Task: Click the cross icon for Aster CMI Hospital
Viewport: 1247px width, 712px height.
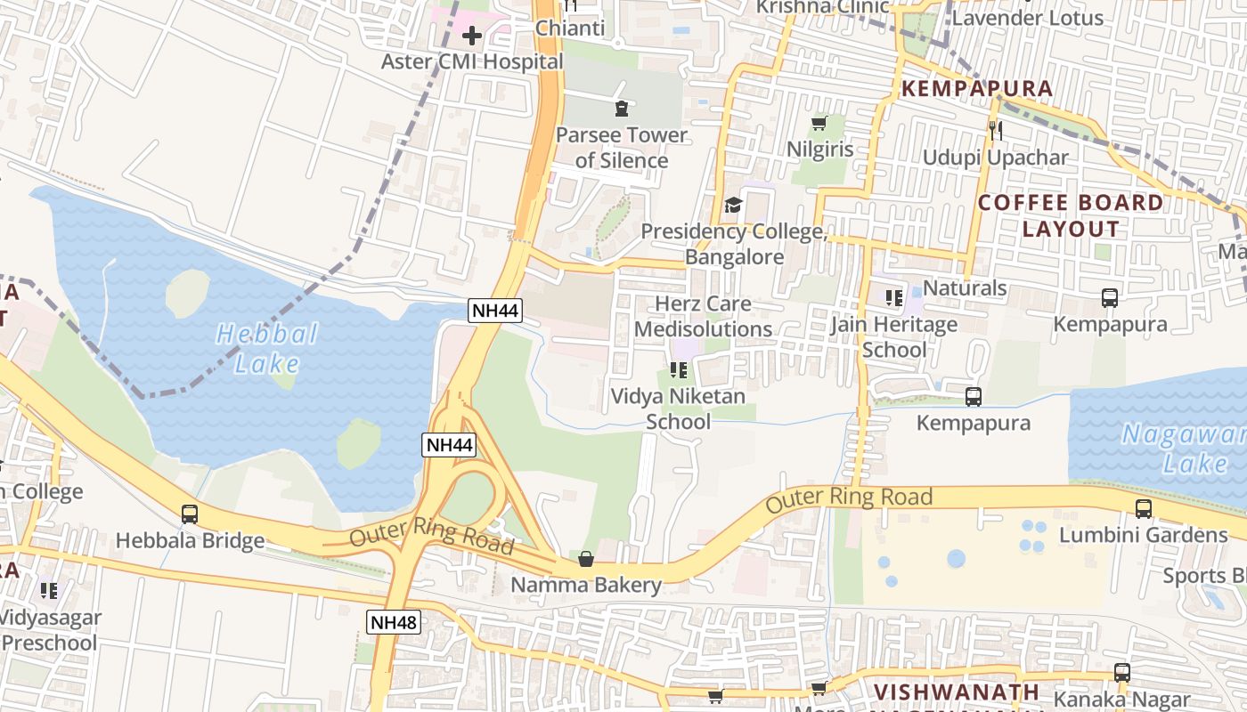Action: pos(472,36)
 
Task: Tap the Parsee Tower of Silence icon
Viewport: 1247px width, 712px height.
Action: pos(621,109)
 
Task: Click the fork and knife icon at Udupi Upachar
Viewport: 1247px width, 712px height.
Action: pos(995,131)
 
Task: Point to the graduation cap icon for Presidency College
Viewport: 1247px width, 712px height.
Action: pos(733,206)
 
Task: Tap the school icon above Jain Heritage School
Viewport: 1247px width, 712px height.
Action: pos(893,298)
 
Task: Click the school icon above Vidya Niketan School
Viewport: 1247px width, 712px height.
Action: pos(678,370)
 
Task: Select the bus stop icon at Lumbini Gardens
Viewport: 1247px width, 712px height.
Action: pos(1144,509)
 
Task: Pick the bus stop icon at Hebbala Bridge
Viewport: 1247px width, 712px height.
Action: pos(190,514)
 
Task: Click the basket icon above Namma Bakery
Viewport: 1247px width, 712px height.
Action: pos(586,559)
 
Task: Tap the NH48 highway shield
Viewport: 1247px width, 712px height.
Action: pos(393,622)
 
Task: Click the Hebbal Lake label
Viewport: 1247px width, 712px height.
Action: pos(267,348)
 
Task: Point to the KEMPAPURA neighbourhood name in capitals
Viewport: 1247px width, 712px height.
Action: pos(977,89)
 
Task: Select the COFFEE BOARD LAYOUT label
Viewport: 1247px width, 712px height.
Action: pos(1071,215)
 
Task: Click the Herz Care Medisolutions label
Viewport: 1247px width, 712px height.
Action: pos(703,316)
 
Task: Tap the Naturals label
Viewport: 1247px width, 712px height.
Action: pos(965,288)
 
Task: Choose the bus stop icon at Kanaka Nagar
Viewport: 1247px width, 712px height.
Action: pos(1122,673)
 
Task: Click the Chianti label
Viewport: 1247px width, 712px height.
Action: pos(569,28)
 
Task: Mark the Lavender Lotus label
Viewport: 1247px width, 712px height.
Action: pos(1027,18)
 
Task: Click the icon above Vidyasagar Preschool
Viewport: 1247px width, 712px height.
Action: pos(49,590)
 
